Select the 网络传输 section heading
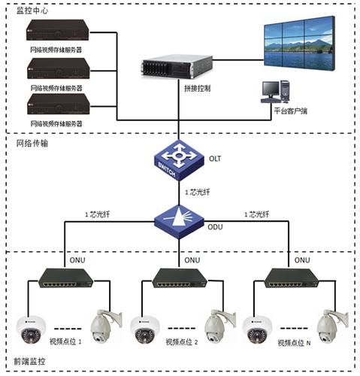pos(32,143)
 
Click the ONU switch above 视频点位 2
pos(180,278)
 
